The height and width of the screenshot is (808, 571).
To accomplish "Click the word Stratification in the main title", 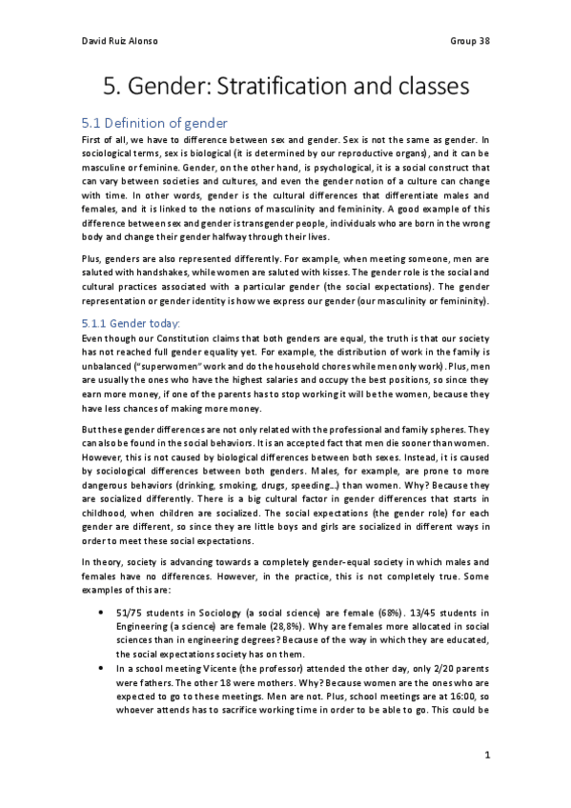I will tap(287, 88).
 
